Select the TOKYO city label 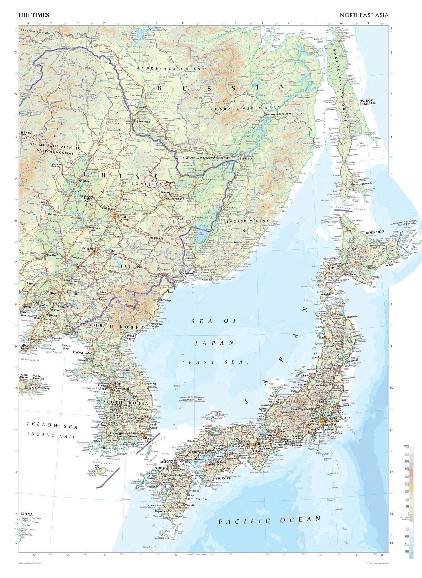(331, 419)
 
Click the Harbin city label (121, 216)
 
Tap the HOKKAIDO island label (375, 233)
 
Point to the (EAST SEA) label (215, 362)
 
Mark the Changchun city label (87, 248)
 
